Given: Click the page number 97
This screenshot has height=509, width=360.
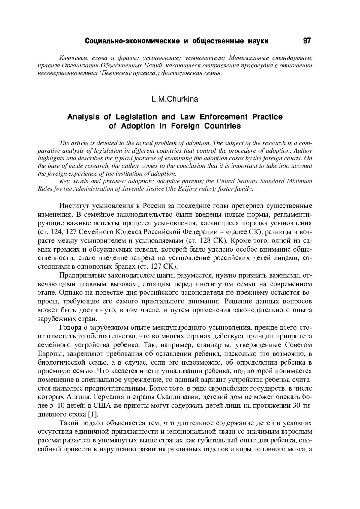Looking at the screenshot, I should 307,41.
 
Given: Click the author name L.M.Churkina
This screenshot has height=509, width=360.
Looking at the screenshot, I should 175,99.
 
